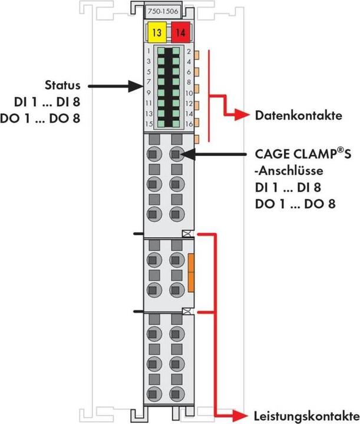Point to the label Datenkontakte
298,115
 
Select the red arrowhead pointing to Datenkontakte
242,115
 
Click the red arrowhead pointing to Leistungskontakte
243,413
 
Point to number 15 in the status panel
150,124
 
